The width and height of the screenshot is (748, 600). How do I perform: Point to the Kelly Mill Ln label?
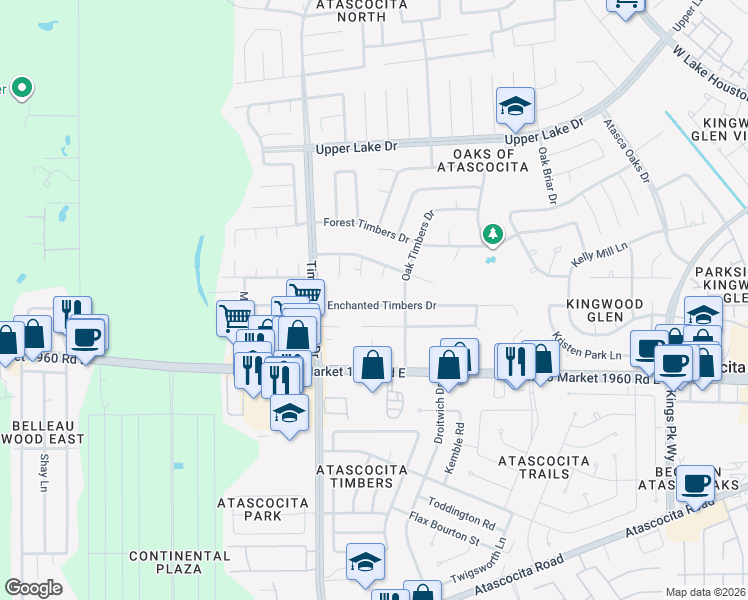pyautogui.click(x=598, y=252)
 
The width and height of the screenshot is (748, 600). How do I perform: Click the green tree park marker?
pyautogui.click(x=492, y=235)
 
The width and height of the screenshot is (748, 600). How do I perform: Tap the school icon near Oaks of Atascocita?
pyautogui.click(x=515, y=105)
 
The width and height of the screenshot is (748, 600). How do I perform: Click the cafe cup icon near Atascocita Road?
pyautogui.click(x=696, y=483)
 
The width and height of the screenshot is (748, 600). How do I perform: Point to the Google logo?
pyautogui.click(x=33, y=588)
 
